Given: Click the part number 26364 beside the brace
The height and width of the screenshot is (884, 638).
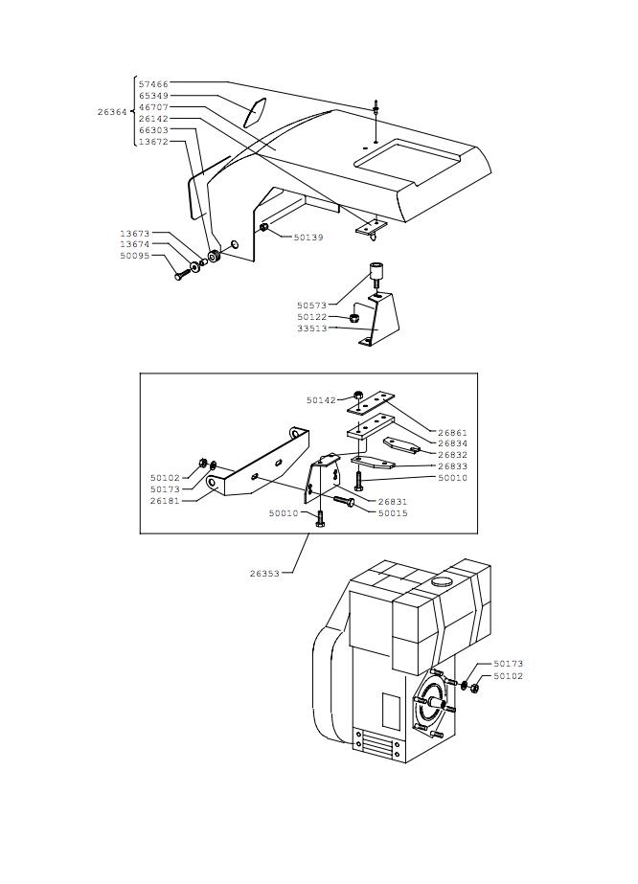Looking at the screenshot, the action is (112, 112).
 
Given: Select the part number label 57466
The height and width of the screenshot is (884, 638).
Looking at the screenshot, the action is (153, 84).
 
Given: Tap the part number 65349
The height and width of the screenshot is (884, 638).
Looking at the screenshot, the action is (153, 96).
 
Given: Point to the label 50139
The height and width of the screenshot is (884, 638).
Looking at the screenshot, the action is (308, 238).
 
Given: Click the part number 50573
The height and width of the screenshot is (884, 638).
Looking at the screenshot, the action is (312, 306).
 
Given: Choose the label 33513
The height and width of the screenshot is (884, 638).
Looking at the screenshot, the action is (312, 329).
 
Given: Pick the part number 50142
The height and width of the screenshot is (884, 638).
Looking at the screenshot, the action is (321, 400).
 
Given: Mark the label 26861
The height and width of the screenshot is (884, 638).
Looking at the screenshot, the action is (453, 433).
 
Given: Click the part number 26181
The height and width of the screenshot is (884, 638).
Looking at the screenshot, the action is (165, 501).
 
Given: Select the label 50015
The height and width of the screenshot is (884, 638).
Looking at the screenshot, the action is (393, 513).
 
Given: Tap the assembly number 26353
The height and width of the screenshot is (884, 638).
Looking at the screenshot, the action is (264, 574).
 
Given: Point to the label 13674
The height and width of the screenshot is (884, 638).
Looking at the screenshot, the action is (134, 244).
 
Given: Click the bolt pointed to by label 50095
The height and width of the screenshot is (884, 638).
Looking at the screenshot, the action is (182, 275).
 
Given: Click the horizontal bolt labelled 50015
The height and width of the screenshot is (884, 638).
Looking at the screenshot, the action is (344, 501).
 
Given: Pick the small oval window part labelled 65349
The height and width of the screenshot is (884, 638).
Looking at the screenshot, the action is (255, 113).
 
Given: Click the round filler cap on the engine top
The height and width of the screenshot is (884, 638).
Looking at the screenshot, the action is (443, 581).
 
